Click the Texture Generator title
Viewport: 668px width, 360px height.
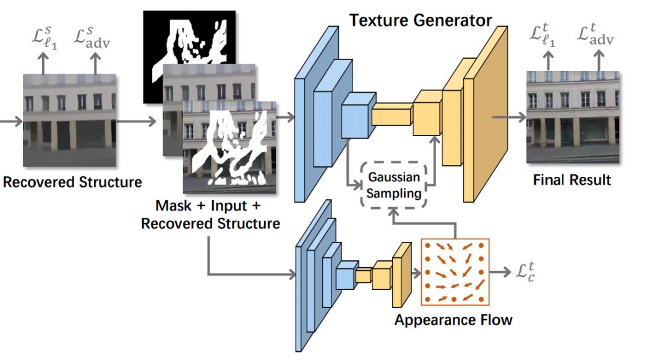pyautogui.click(x=421, y=20)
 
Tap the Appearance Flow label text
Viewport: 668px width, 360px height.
pyautogui.click(x=453, y=320)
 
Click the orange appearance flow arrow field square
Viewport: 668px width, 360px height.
pyautogui.click(x=455, y=272)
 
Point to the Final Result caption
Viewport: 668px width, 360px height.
pyautogui.click(x=572, y=180)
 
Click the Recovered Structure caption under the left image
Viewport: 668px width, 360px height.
pyautogui.click(x=72, y=182)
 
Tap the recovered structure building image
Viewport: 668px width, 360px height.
pyautogui.click(x=69, y=121)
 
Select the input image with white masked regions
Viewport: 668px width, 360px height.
pyautogui.click(x=229, y=152)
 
